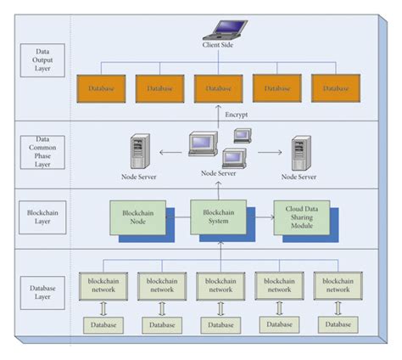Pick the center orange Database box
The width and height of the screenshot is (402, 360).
pos(218,88)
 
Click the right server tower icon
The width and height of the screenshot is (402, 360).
pos(299,153)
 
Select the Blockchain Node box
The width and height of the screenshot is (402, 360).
pos(137,217)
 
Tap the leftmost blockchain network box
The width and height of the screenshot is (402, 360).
pos(103,284)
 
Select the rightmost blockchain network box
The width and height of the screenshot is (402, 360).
pos(337,284)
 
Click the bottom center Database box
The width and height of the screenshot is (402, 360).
pos(220,324)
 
